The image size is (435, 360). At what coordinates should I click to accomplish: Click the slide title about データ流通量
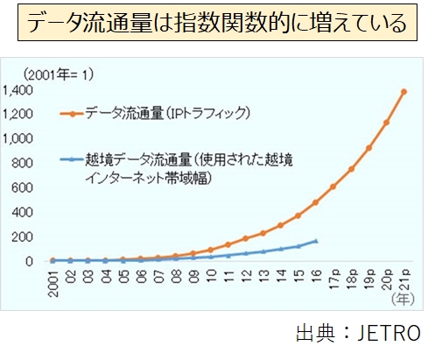(216, 24)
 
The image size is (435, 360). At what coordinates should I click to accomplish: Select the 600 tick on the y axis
(22, 187)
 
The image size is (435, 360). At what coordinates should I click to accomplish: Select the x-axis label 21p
(403, 281)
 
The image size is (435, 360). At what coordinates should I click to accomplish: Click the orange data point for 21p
(403, 91)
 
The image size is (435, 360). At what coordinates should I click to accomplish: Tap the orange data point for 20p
(386, 123)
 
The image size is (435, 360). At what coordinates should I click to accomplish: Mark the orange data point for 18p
(351, 169)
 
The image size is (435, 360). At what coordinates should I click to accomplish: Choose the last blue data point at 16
(316, 241)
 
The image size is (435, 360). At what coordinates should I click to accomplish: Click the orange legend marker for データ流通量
(73, 113)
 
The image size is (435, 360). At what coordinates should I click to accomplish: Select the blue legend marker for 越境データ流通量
(73, 159)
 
